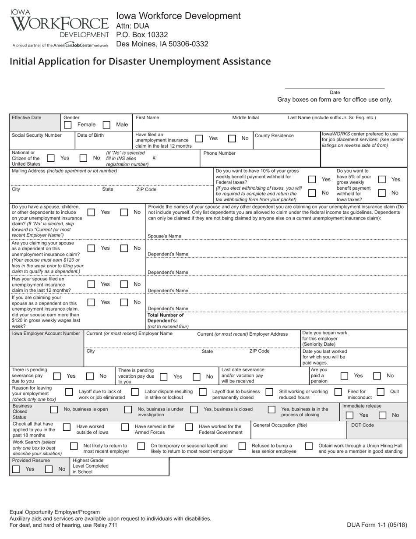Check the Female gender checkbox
pos(67,125)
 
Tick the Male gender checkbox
pos(106,125)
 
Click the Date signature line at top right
pos(335,88)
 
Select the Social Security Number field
pos(42,140)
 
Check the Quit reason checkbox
pos(381,392)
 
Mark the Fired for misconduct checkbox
pos(338,392)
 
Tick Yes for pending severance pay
pos(57,376)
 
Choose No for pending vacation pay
pos(197,376)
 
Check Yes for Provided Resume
pos(16,469)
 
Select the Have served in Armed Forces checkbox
pos(125,427)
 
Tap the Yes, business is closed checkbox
pos(194,409)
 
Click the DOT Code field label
pos(363,425)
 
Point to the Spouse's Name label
pos(164,236)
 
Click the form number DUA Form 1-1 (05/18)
pos(377,525)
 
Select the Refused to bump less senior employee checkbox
pos(242,446)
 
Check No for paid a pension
pos(377,376)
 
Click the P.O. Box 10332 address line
pos(142,35)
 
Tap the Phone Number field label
pos(219,153)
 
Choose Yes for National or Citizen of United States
pos(51,158)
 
